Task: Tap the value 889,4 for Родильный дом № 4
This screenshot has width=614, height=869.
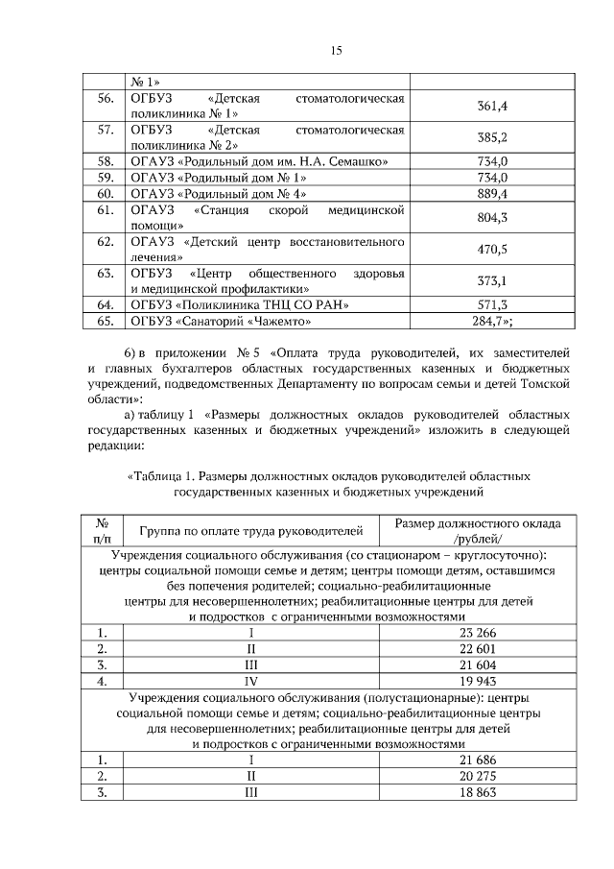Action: [x=491, y=194]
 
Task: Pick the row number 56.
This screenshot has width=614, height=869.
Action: [x=106, y=99]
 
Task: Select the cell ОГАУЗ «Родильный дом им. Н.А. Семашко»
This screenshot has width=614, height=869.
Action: [x=265, y=161]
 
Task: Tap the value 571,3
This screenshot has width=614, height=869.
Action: [x=491, y=304]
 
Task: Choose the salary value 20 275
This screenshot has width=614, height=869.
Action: [x=479, y=776]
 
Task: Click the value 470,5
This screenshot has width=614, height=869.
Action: [x=491, y=250]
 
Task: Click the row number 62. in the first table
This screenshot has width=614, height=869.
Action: [x=106, y=241]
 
